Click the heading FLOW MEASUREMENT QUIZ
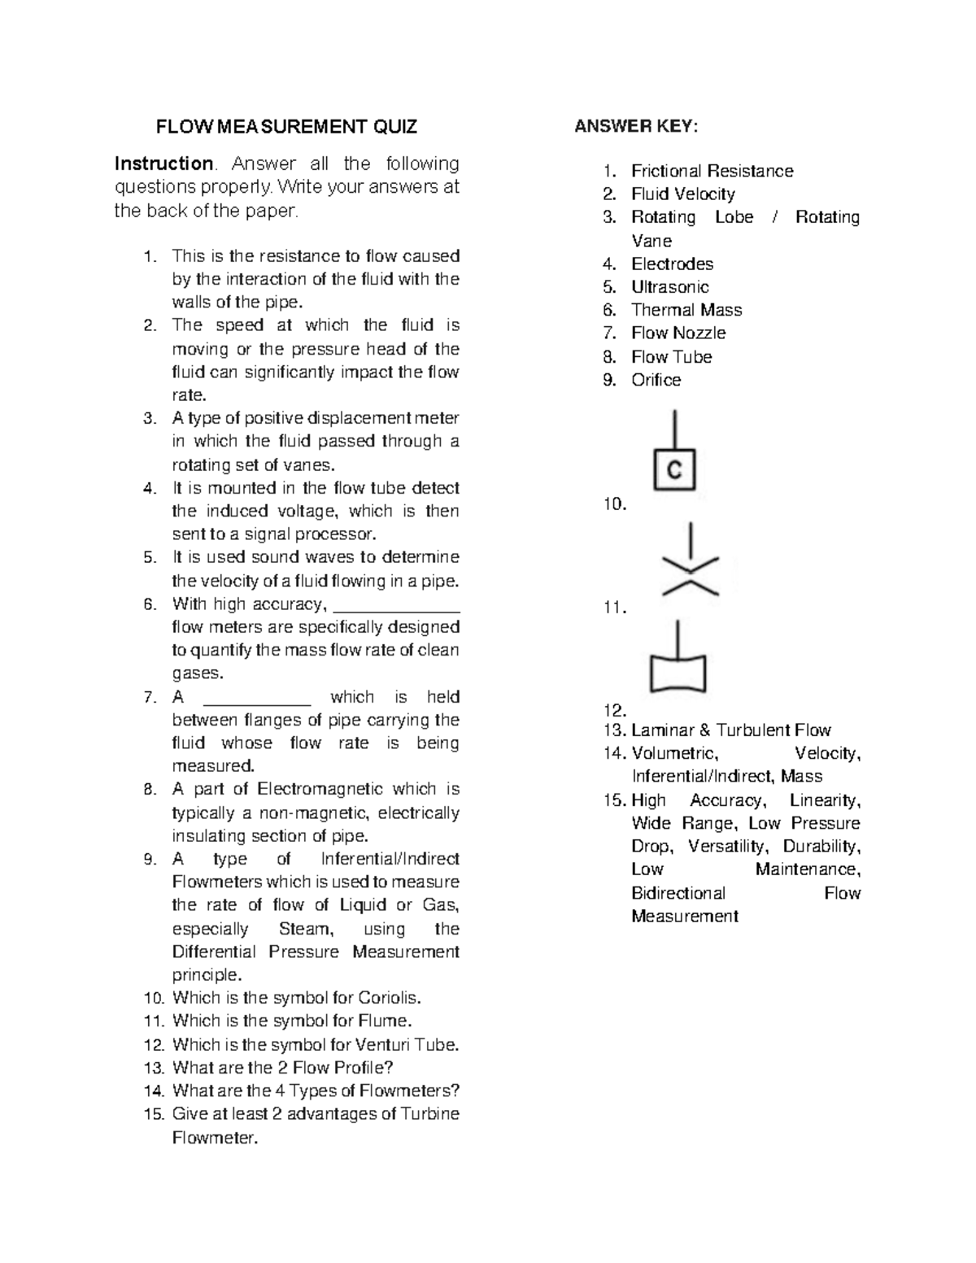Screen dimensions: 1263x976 point(286,127)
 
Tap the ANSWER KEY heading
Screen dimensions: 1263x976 point(636,126)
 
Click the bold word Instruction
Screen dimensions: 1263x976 point(163,163)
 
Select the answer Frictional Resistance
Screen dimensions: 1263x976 point(712,171)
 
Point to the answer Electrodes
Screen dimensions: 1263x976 point(672,263)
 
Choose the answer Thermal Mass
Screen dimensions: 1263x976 point(686,310)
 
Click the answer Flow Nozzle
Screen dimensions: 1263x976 point(678,333)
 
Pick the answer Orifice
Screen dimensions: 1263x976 point(656,380)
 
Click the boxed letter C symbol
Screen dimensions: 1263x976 point(674,469)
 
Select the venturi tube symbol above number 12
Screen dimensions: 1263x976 point(678,673)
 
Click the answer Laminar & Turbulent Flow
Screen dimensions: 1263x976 point(730,730)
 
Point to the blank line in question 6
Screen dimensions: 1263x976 point(397,609)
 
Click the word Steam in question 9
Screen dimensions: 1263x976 point(305,929)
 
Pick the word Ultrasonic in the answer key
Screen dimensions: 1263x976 point(669,287)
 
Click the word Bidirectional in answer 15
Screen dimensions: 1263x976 point(678,893)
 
